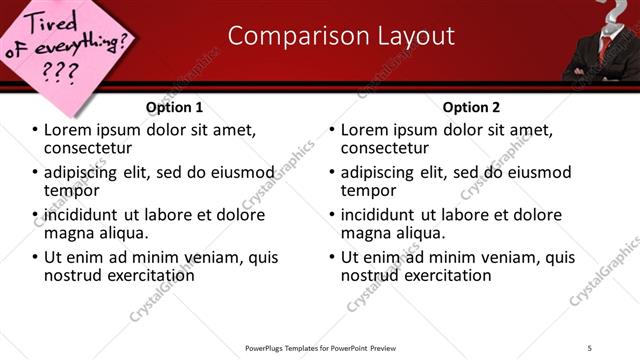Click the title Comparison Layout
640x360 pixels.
coord(341,36)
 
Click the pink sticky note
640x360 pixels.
coord(65,45)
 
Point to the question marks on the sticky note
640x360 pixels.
coord(60,72)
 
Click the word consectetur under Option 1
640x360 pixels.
coord(90,148)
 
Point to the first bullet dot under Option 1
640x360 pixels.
coord(36,130)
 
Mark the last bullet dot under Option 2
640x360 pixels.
coord(333,257)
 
